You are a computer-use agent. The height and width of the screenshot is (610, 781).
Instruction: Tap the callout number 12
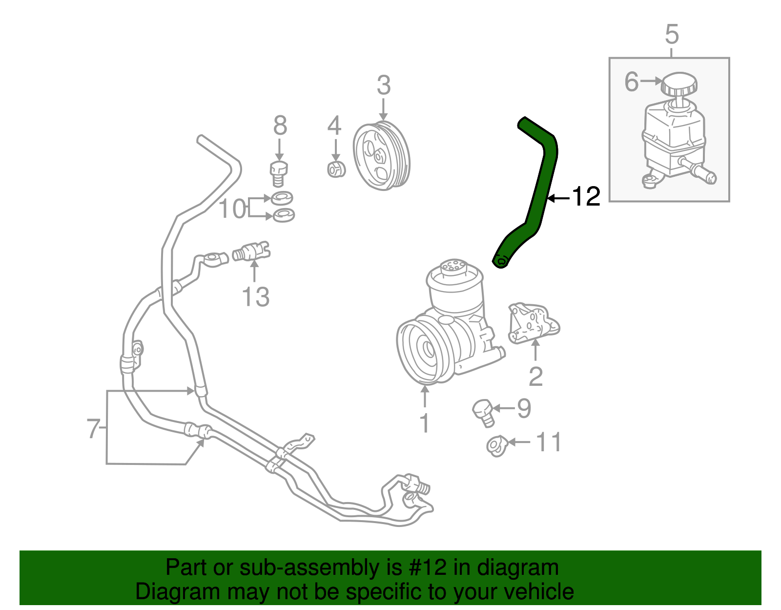585,197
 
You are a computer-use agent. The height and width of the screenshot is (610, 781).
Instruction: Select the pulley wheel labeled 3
381,155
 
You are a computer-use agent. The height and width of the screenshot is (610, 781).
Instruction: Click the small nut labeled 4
336,169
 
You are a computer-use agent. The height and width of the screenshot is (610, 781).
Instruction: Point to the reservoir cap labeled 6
678,84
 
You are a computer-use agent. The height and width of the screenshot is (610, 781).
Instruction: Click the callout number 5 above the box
672,35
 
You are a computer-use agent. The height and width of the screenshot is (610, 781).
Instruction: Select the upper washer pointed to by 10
282,198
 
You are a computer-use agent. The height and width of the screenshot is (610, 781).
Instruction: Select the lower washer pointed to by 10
284,214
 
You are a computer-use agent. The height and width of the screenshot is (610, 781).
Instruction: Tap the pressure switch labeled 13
251,252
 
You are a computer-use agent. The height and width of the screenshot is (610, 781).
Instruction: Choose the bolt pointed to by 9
483,412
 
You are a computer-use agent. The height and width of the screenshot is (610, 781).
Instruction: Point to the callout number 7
93,429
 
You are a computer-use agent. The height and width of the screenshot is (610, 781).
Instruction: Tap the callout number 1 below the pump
425,423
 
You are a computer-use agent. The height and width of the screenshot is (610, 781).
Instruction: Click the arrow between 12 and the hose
558,198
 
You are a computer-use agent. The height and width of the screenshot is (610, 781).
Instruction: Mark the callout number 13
255,297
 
